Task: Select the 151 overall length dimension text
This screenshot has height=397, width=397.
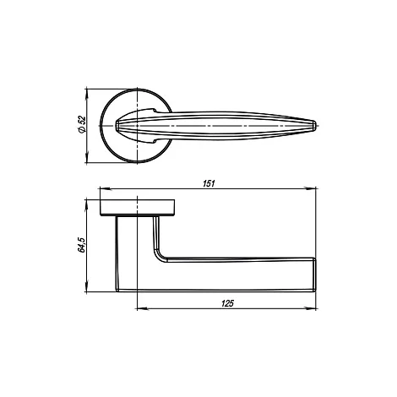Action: pos(209,183)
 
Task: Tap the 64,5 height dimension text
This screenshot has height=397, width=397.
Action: pos(82,245)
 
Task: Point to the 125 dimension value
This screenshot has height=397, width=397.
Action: pos(227,303)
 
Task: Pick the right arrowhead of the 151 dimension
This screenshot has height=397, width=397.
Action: pos(312,188)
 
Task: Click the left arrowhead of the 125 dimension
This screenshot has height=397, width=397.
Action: pos(142,309)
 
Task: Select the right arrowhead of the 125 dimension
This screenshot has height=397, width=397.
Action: pos(312,309)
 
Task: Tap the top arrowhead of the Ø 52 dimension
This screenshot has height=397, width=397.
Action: pos(87,94)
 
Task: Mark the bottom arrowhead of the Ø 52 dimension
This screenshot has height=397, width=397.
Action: pos(87,158)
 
